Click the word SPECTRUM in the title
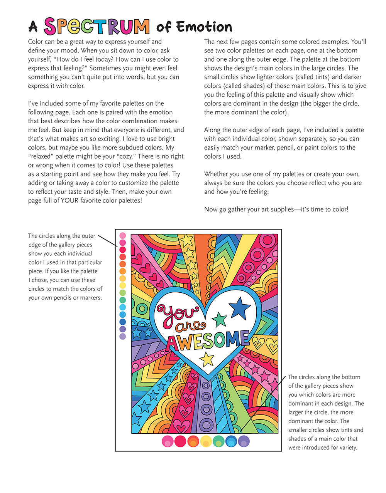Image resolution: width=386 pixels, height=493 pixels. [x=96, y=27]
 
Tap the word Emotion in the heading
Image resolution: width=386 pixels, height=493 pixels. [x=204, y=27]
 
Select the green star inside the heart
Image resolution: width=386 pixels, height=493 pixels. [x=219, y=319]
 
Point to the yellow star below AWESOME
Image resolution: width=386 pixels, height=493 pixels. [x=207, y=359]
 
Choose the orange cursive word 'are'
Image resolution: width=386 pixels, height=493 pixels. [x=190, y=326]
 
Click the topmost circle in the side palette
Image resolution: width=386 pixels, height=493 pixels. [x=123, y=235]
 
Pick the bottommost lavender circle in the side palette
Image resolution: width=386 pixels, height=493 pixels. [x=123, y=337]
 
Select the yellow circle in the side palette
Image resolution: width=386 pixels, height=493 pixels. [x=123, y=285]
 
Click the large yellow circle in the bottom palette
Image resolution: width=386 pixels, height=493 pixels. [x=206, y=441]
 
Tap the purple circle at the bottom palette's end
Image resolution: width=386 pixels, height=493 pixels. [x=244, y=441]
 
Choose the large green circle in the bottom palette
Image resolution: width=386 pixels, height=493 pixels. [x=218, y=441]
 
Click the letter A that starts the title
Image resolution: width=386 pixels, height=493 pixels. [x=33, y=27]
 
